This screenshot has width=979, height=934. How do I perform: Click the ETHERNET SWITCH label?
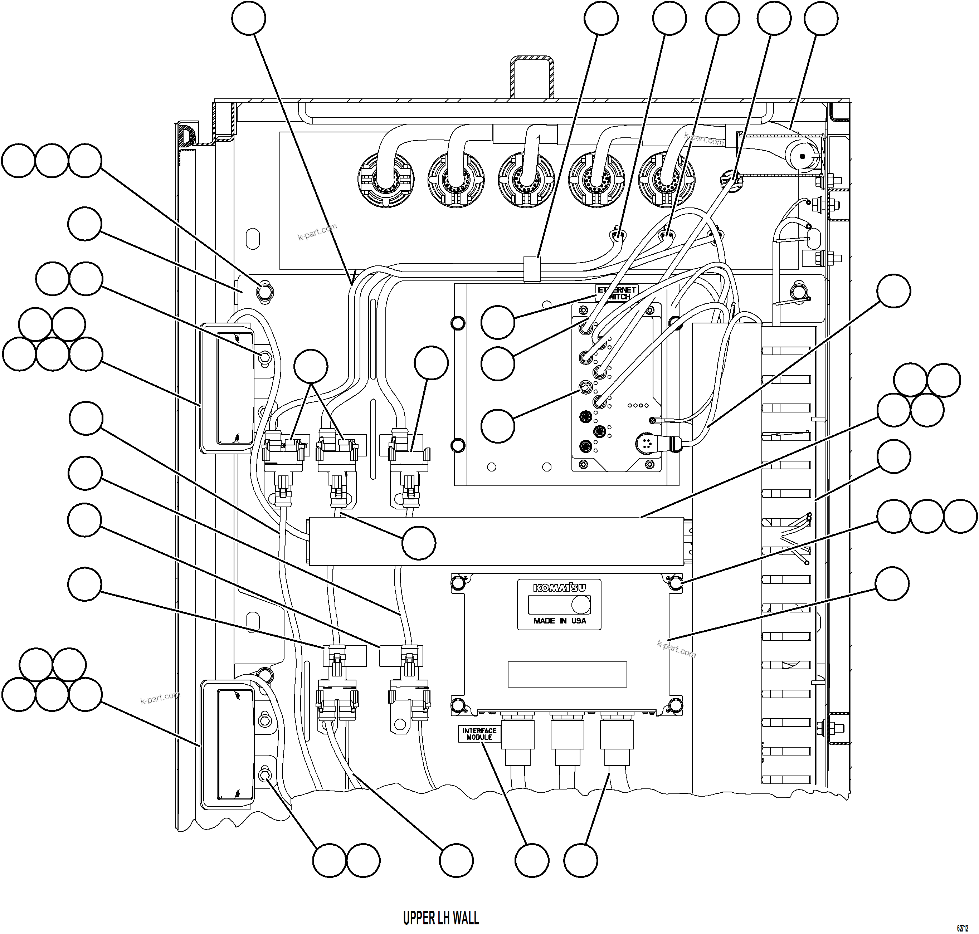(617, 293)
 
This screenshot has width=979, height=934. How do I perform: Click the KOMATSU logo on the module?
(559, 588)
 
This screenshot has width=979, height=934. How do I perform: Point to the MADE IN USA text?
(559, 621)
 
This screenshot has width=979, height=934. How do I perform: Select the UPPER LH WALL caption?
(441, 917)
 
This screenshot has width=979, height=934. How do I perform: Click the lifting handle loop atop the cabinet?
(532, 77)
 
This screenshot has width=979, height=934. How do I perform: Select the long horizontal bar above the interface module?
(496, 541)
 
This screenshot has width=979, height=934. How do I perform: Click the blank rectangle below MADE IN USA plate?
(567, 674)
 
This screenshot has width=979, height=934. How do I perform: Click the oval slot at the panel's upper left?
(253, 239)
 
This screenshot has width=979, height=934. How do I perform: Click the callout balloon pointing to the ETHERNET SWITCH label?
(497, 322)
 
